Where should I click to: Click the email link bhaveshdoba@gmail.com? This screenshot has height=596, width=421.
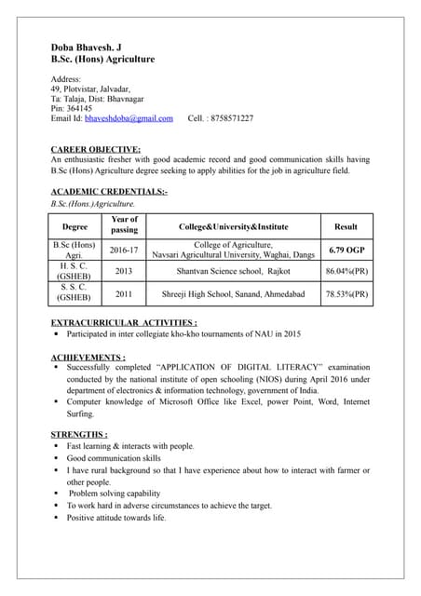129,119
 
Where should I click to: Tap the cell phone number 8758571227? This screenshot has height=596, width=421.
232,119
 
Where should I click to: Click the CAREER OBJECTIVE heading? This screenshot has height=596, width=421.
95,149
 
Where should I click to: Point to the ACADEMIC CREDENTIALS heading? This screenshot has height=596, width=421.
109,191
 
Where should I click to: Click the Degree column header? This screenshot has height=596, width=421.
75,226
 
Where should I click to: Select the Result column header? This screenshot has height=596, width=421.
346,226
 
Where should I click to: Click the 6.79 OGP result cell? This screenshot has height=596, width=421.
346,251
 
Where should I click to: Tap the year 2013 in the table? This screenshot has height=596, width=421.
124,271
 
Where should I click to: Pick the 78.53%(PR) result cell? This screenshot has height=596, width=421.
346,294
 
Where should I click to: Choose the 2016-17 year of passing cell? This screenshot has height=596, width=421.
124,251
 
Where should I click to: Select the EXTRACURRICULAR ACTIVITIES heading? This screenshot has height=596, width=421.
123,322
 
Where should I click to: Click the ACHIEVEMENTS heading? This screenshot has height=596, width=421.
88,357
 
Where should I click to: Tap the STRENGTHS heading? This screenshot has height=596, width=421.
78,435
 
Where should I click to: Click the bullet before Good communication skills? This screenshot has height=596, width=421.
56,458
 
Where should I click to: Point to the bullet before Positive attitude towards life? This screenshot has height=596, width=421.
56,517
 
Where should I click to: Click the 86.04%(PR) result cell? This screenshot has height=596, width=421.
346,271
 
